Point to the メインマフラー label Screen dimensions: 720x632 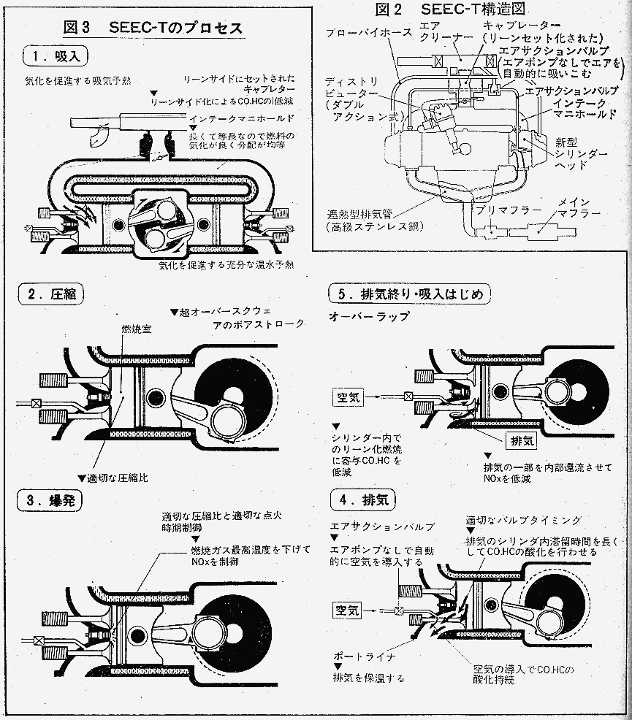click(x=579, y=208)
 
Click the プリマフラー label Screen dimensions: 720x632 click(x=506, y=210)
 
